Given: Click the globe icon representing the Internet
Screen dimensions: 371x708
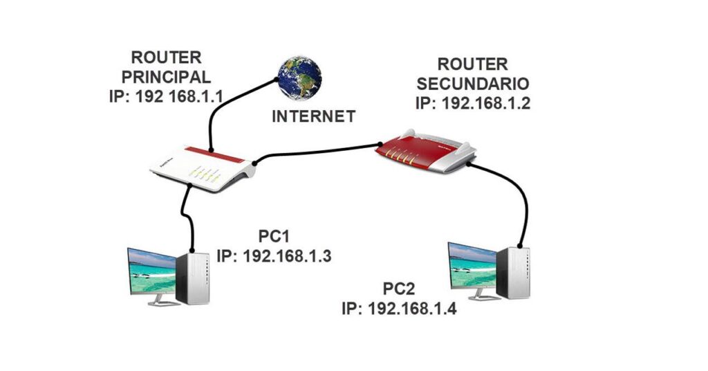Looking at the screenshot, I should point(299,78).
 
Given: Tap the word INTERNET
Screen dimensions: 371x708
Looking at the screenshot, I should point(314,116).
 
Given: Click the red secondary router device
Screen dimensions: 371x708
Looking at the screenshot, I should point(426,153).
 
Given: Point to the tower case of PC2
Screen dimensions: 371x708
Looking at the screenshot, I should point(513,271).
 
